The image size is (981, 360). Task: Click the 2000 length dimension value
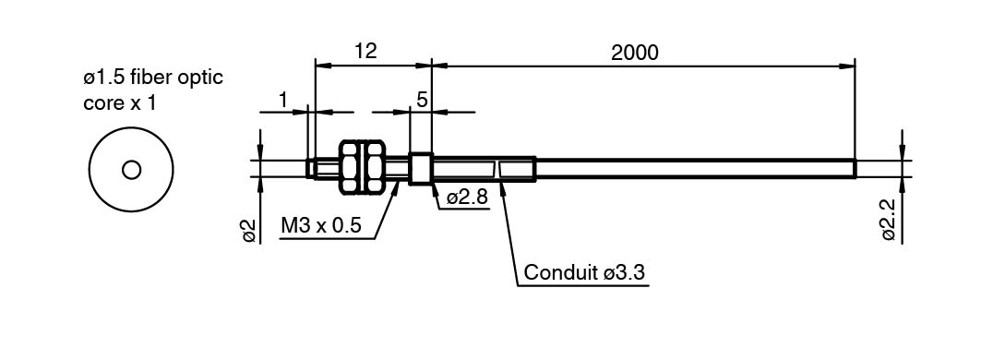634,53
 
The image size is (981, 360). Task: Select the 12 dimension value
366,52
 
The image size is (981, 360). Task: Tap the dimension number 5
421,100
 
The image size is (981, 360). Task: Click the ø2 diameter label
249,231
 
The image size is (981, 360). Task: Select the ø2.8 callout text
467,198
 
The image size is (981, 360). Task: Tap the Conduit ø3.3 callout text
584,273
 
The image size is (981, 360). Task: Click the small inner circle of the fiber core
131,170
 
